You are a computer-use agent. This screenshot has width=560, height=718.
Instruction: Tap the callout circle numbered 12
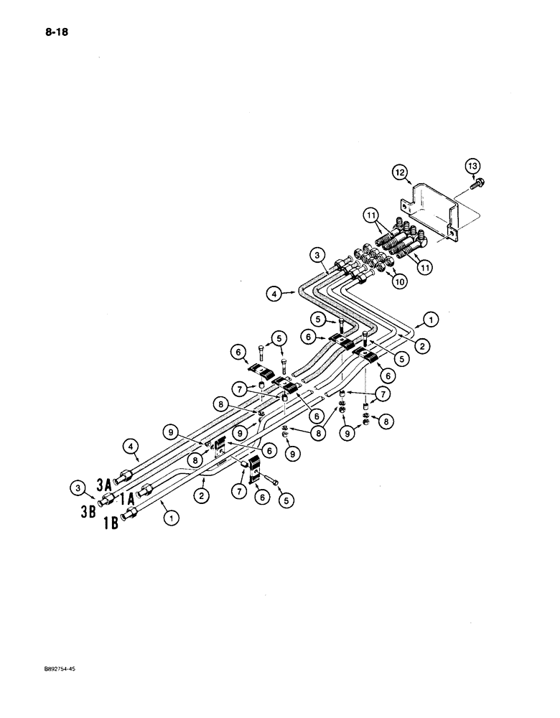pos(399,172)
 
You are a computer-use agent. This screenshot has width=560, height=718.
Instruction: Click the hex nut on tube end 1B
pos(131,514)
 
